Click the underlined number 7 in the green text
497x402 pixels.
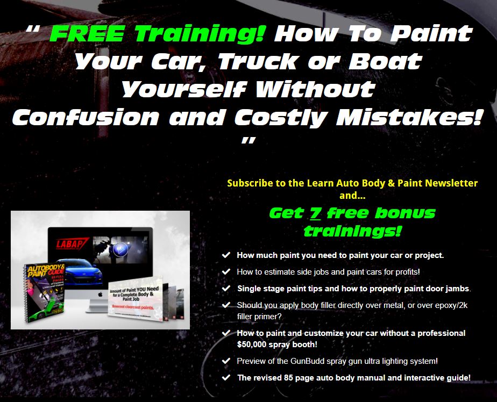click(x=315, y=213)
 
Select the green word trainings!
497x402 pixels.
click(x=352, y=232)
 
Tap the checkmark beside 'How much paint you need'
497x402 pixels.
click(x=226, y=255)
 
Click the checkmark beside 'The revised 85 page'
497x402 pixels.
click(x=226, y=377)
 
